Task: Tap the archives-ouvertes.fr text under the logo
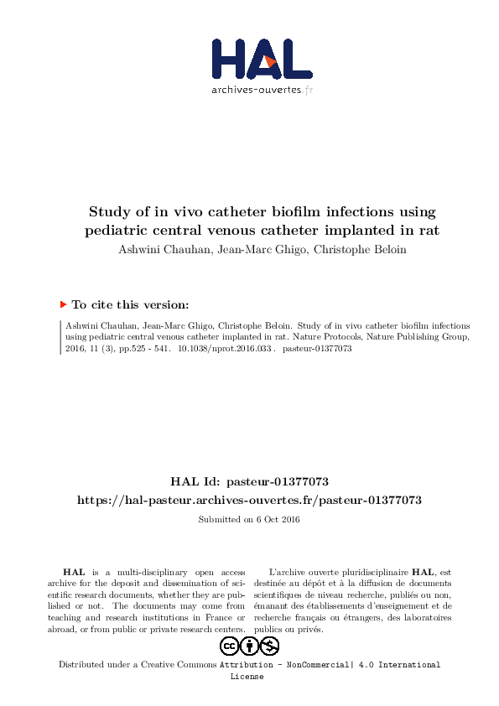[x=262, y=90]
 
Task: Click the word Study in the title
[x=110, y=211]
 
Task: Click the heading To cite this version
[x=130, y=305]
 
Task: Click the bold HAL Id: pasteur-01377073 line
[x=249, y=482]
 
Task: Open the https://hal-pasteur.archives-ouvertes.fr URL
[x=249, y=500]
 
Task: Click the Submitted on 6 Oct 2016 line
[x=249, y=519]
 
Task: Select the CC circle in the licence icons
[x=229, y=646]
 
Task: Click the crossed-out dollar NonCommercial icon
[x=269, y=646]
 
